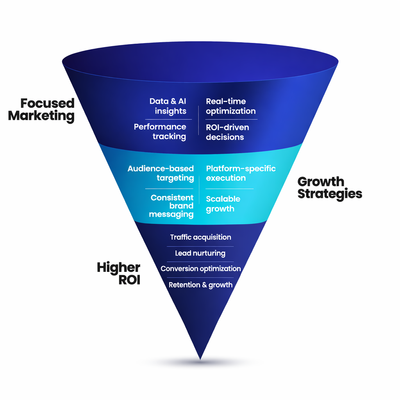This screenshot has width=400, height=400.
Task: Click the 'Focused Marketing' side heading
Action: pos(41,110)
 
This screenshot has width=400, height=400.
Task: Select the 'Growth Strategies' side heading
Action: pos(329,187)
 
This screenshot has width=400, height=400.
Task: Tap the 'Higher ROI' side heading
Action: pos(119,274)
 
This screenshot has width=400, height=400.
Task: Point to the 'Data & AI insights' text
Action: pos(168,106)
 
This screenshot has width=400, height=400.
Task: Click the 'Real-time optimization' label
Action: pos(230,106)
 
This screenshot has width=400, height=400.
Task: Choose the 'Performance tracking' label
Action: pos(160,132)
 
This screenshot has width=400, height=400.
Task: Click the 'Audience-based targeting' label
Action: pos(161,173)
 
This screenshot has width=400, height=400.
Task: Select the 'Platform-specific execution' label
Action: pos(241,173)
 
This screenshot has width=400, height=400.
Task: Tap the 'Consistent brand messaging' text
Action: pos(172,206)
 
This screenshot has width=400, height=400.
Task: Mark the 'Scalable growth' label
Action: pos(223,204)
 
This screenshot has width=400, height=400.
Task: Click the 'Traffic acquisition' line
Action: pos(200,237)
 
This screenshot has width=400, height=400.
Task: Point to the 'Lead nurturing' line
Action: pos(200,253)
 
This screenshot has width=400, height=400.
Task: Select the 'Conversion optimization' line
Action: pos(200,269)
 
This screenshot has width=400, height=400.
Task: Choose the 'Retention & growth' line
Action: pos(200,285)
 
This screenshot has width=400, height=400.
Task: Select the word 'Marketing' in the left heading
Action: pos(41,116)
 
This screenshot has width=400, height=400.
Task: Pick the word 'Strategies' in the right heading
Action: pos(329,194)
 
